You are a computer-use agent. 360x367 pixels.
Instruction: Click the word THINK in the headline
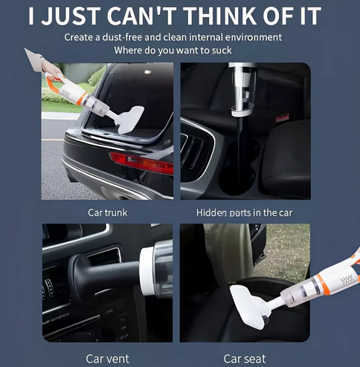[x=221, y=16]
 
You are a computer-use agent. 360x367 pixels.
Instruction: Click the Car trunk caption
[x=108, y=212]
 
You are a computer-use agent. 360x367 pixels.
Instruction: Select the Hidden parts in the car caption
[x=244, y=212]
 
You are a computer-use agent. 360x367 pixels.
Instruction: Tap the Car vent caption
[x=107, y=359]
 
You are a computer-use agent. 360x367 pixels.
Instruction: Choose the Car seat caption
[x=245, y=359]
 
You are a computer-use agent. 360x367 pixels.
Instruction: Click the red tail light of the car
[x=141, y=162]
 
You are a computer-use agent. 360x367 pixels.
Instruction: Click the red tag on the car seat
[x=283, y=117]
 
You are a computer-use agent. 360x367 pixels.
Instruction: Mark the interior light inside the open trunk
[x=148, y=72]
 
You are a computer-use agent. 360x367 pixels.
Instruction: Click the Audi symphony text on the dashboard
[x=56, y=319]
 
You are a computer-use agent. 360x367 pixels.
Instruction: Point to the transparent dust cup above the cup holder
[x=242, y=87]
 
